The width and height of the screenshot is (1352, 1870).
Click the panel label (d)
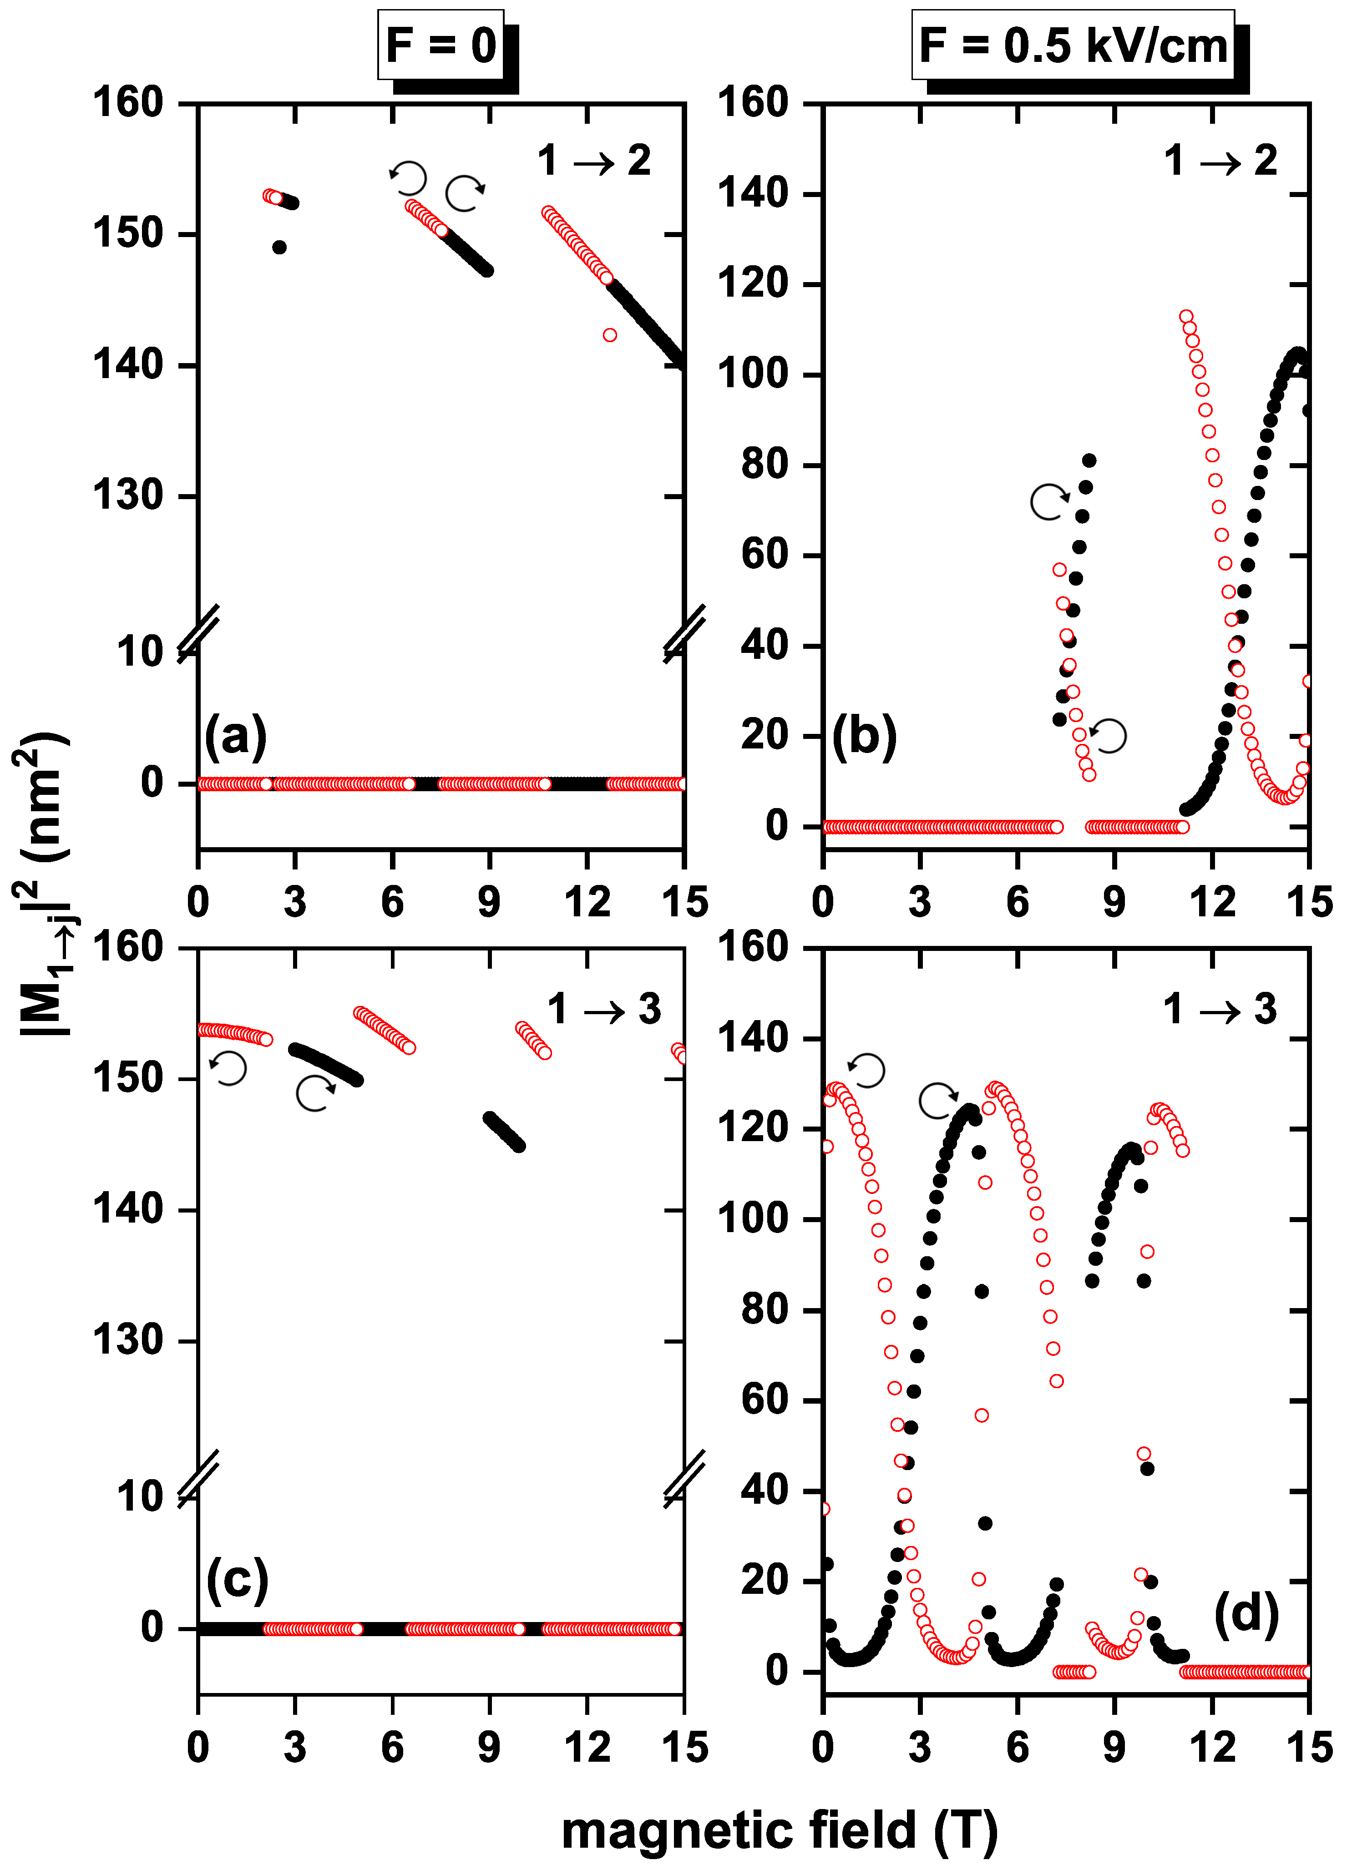point(1246,1613)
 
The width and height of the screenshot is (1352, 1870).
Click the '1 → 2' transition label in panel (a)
point(594,161)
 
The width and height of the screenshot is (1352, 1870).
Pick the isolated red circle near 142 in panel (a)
point(610,335)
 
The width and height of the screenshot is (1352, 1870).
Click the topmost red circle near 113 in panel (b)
point(1186,317)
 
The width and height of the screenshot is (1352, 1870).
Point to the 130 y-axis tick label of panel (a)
point(128,496)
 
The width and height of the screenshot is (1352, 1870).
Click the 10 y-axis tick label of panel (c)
point(140,1496)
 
